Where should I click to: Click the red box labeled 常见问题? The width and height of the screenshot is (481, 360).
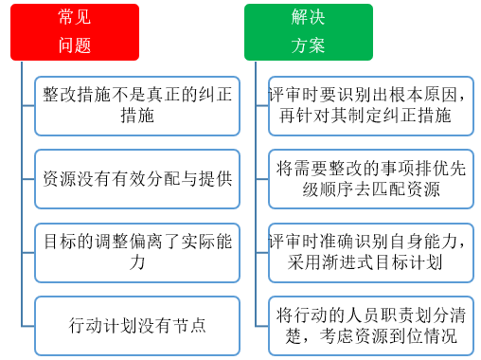[75, 31]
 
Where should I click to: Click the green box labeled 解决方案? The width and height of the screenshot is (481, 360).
[308, 31]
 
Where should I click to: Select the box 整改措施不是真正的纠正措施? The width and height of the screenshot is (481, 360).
[137, 104]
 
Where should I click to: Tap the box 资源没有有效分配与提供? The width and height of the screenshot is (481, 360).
[137, 177]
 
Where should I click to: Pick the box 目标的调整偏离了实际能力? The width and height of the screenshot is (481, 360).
[137, 252]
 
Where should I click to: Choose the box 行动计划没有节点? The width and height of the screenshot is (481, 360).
[137, 325]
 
